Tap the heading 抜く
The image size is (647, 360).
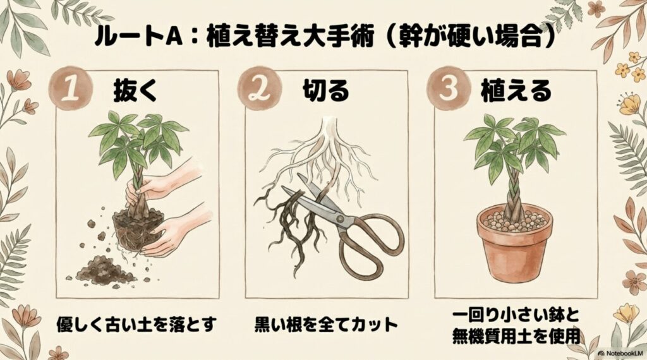[x=135, y=92]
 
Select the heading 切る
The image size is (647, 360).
[x=323, y=92]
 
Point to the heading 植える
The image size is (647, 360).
[x=516, y=92]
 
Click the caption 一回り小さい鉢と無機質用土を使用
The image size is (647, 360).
[x=516, y=326]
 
